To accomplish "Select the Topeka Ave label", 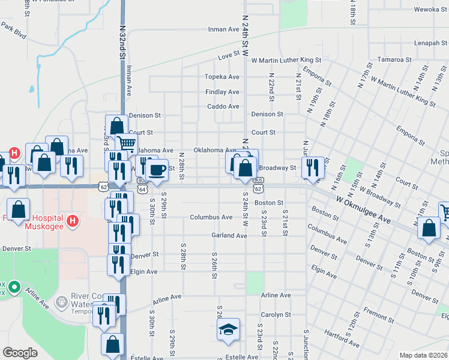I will (x=222, y=77).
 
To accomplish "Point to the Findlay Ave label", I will (x=222, y=92).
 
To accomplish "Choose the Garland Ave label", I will (x=229, y=236).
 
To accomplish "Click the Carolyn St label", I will (x=276, y=314).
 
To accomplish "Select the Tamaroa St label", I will (x=394, y=60).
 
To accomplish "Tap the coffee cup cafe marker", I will (x=157, y=170).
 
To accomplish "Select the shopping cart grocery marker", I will (x=126, y=144).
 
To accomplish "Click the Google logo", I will (x=20, y=353).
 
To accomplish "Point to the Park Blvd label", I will (x=13, y=31).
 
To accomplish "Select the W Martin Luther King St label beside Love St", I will (x=286, y=61).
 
